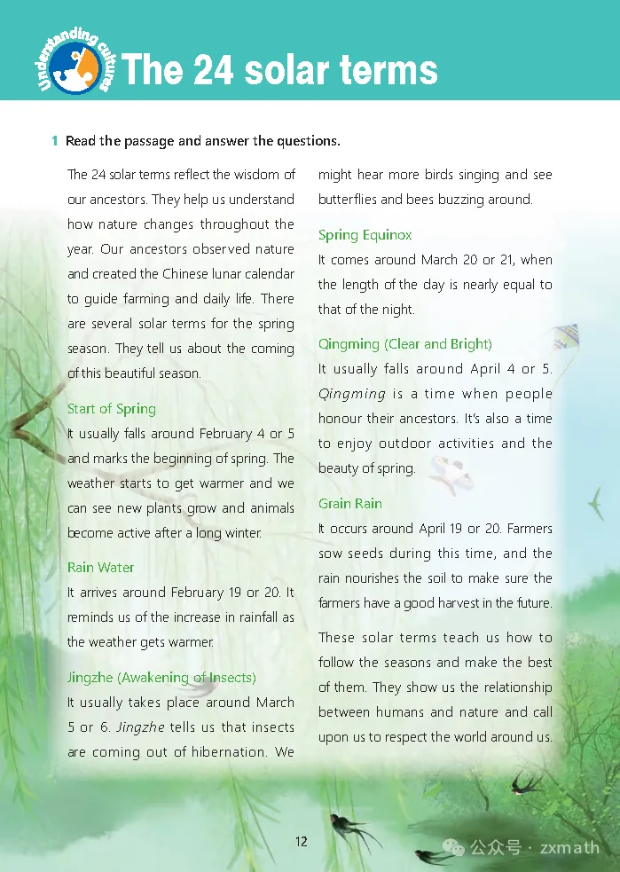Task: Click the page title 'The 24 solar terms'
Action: (279, 69)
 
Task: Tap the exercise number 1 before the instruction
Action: (55, 141)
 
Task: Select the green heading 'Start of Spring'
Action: (112, 409)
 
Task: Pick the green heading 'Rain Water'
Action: (101, 568)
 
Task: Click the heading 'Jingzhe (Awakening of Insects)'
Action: (161, 678)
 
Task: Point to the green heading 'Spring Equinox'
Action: (365, 235)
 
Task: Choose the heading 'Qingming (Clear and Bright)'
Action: (405, 344)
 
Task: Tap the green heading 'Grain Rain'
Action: (350, 504)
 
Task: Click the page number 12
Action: (302, 841)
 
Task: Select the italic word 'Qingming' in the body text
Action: (352, 394)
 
